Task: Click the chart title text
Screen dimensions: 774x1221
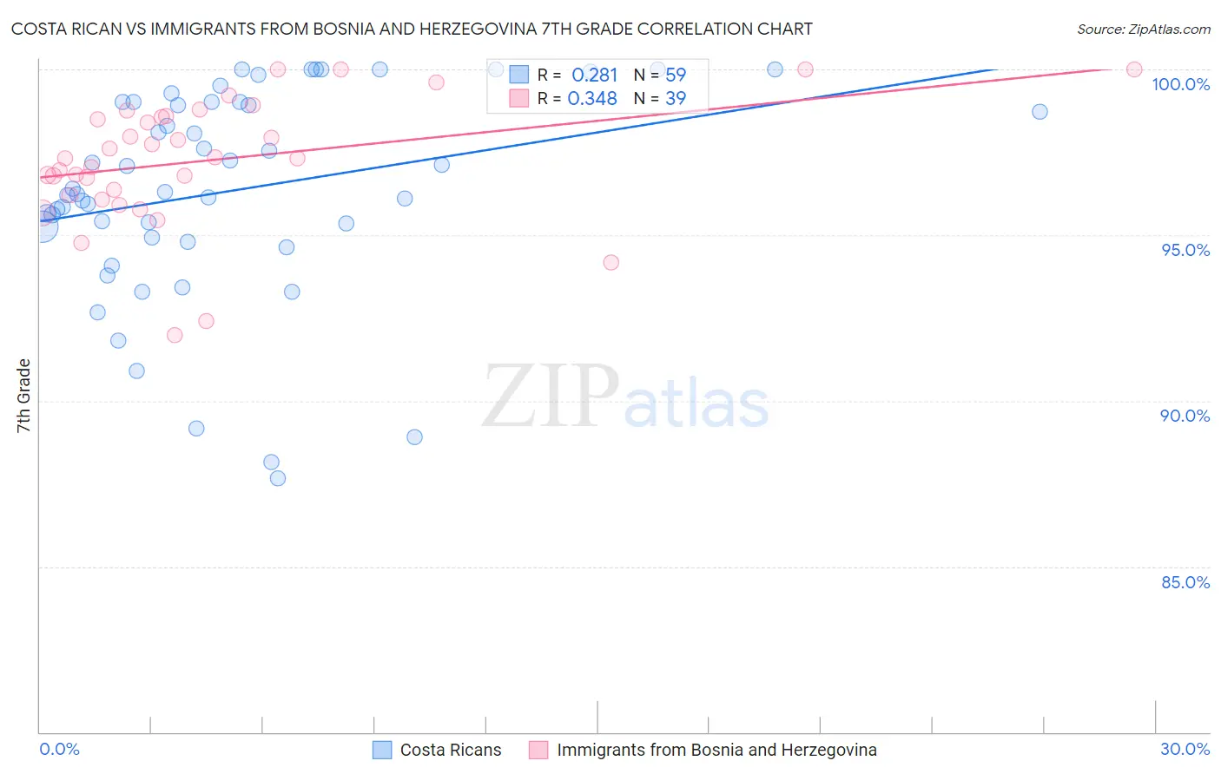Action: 412,29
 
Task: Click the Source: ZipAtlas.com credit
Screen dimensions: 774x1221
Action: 1143,30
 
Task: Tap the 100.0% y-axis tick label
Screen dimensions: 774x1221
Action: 1180,84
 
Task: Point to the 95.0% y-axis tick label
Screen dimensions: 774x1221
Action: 1185,250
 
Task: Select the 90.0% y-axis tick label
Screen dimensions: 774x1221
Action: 1185,416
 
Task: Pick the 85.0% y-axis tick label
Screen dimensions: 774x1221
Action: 1185,582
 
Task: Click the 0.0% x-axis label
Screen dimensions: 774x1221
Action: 59,749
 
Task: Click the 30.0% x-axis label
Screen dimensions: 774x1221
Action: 1185,749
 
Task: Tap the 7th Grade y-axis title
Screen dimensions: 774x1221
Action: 23,396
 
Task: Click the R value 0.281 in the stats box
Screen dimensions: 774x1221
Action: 594,75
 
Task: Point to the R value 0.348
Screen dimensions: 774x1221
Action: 592,99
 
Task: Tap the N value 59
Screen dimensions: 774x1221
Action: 676,75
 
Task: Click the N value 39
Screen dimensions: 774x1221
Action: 676,99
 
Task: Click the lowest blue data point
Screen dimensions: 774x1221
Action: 278,478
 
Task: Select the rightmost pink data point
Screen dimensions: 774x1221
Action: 1134,69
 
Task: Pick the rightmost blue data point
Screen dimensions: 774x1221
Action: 1039,112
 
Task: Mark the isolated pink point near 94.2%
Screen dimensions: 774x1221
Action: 611,262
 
